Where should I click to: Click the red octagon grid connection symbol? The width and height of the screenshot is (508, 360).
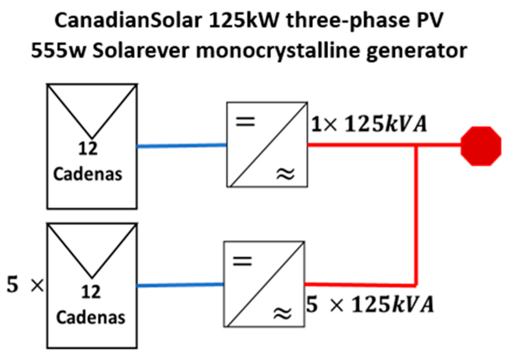[x=481, y=146]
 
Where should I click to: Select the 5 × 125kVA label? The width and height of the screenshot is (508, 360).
[x=370, y=304]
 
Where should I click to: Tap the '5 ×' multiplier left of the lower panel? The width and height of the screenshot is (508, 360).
[x=25, y=285]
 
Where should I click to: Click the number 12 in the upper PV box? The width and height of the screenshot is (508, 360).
[x=88, y=149]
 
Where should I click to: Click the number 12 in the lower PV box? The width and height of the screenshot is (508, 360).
[x=91, y=292]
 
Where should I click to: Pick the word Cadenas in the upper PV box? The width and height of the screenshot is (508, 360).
[x=88, y=174]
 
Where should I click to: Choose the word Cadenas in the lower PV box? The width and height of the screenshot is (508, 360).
[x=91, y=317]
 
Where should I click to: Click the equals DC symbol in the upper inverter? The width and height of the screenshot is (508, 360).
[x=245, y=122]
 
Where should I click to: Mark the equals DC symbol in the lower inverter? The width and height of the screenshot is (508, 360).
[x=242, y=262]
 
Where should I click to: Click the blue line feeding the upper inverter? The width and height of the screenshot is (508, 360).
[x=181, y=145]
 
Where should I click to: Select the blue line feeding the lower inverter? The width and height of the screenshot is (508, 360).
[x=180, y=285]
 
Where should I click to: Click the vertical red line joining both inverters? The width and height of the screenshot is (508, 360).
[x=416, y=214]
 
